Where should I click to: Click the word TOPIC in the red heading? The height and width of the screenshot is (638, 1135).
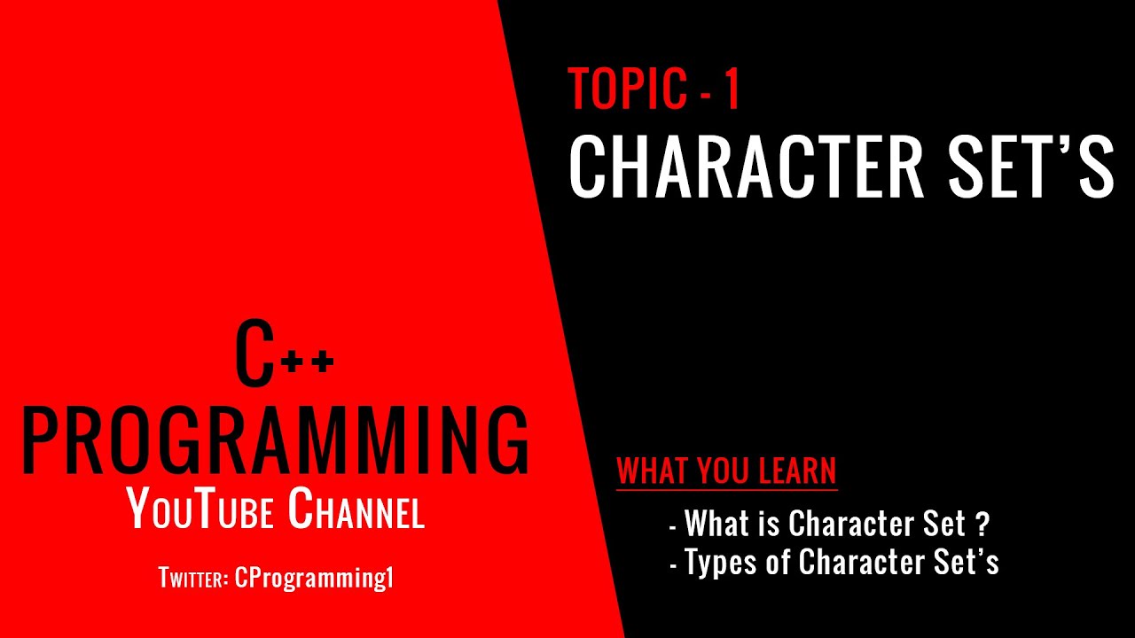[x=628, y=89]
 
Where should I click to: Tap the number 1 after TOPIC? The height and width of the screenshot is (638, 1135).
[x=732, y=89]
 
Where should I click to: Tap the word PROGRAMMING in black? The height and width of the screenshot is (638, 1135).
[x=275, y=440]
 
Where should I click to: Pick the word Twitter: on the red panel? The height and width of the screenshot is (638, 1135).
[x=194, y=579]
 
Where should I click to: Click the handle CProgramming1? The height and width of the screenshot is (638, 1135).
[x=314, y=579]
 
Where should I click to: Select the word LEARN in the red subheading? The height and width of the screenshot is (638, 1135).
[x=797, y=471]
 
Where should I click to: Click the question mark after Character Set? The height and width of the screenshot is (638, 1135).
[x=981, y=525]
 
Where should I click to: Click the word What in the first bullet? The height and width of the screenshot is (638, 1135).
[x=716, y=525]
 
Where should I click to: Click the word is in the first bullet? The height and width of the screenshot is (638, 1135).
[x=768, y=525]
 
